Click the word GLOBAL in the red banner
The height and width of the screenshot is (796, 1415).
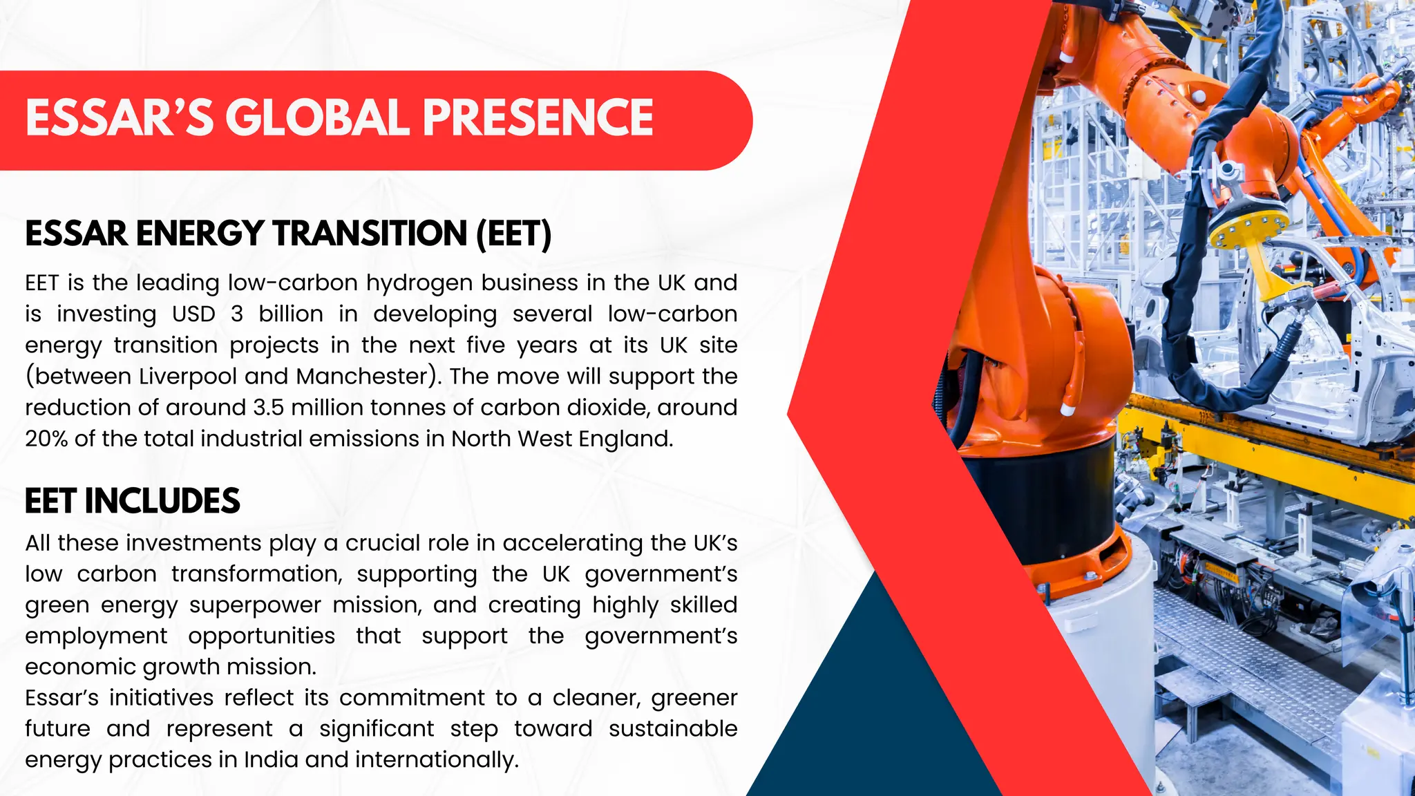click(318, 117)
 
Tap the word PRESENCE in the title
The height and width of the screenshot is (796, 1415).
click(538, 117)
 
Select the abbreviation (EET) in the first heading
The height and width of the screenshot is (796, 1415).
click(513, 234)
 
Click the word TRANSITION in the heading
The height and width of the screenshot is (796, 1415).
click(370, 234)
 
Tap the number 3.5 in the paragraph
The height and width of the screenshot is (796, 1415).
click(268, 408)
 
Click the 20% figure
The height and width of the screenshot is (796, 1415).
click(46, 439)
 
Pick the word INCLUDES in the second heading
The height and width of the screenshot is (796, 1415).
click(162, 501)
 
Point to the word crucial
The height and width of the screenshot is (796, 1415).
click(382, 543)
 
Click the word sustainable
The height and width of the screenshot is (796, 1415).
click(673, 729)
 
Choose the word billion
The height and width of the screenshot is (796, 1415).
click(291, 314)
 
